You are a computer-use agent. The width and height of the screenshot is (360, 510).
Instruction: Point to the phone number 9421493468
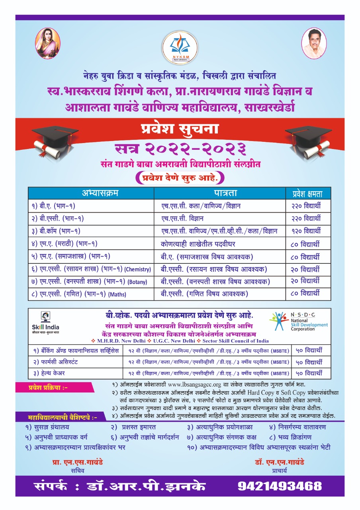(x=280, y=486)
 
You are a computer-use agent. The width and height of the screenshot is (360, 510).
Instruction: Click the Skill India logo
(x=44, y=323)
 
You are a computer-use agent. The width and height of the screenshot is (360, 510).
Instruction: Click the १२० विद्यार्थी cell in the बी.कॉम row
(x=305, y=231)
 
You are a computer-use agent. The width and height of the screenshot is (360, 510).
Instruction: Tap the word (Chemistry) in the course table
(x=138, y=270)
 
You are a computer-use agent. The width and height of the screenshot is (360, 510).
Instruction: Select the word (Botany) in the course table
(x=137, y=282)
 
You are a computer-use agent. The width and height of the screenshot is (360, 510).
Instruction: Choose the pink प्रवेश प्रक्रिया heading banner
(x=48, y=387)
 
